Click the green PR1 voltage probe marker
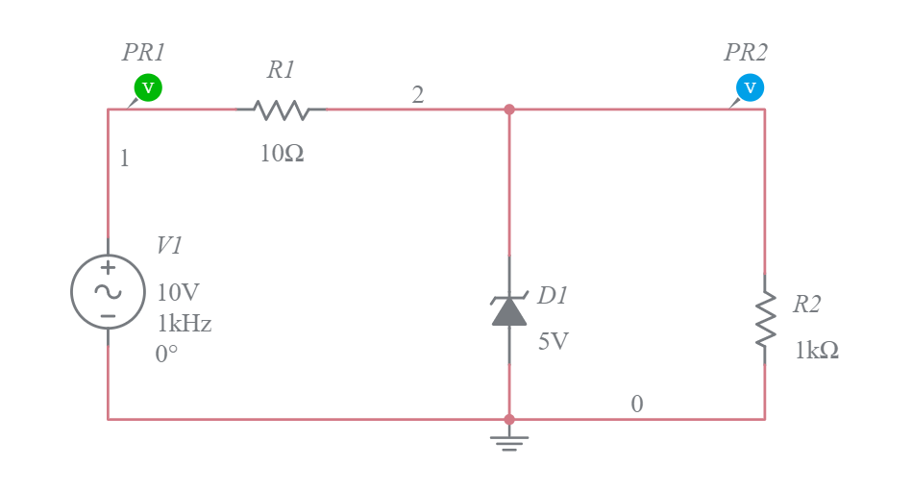click(x=147, y=87)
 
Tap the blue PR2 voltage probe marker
click(x=751, y=87)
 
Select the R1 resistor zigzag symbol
click(x=282, y=110)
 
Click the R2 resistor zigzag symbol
click(x=765, y=318)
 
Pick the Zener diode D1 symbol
click(x=509, y=309)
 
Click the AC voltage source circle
click(x=108, y=291)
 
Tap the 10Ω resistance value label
click(x=282, y=153)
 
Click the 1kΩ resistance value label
click(x=816, y=351)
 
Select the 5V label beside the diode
click(x=554, y=341)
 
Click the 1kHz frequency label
click(x=185, y=324)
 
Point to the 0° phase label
click(x=166, y=355)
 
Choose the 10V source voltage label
click(x=179, y=293)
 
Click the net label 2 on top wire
click(x=418, y=94)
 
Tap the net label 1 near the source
click(x=124, y=159)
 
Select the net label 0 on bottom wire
click(x=636, y=404)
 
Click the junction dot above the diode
click(x=509, y=110)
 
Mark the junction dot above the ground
click(x=509, y=419)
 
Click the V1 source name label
click(x=169, y=246)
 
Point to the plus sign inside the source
click(x=108, y=269)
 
